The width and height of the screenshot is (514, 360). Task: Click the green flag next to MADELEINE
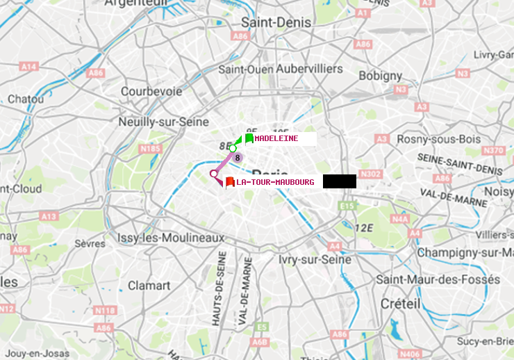249,138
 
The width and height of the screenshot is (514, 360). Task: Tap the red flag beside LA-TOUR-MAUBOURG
229,182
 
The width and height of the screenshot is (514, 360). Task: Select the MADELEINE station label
276,138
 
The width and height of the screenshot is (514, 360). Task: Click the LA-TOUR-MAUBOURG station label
275,182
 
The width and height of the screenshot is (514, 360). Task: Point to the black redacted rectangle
340,181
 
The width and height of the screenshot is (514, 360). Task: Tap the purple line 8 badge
238,158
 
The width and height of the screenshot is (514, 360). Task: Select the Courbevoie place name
151,91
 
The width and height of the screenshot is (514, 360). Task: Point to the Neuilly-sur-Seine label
164,121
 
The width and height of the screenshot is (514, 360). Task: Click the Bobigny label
380,75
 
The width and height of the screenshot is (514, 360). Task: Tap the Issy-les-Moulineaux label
171,238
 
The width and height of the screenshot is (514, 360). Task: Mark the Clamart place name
149,285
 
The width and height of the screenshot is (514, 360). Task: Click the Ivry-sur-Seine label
315,259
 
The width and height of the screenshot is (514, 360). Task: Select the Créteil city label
400,304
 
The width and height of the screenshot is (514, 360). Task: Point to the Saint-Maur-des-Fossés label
438,279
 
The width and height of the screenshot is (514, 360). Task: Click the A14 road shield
28,67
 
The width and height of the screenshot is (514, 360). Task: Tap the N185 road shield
150,148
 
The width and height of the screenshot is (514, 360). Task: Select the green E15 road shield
347,206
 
